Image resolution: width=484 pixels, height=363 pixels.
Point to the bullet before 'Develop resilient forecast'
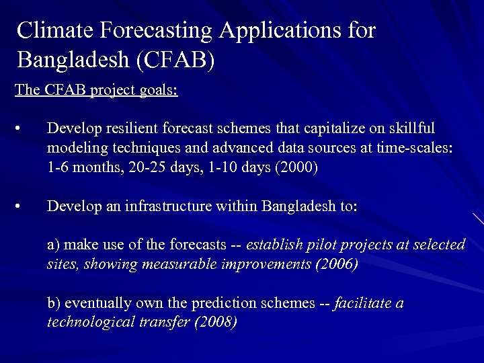point(23,128)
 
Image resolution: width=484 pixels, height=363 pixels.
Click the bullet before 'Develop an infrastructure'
point(23,206)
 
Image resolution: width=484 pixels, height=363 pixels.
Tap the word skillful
point(411,128)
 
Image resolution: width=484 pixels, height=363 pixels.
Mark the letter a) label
point(54,245)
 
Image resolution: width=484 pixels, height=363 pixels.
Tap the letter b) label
point(54,303)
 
